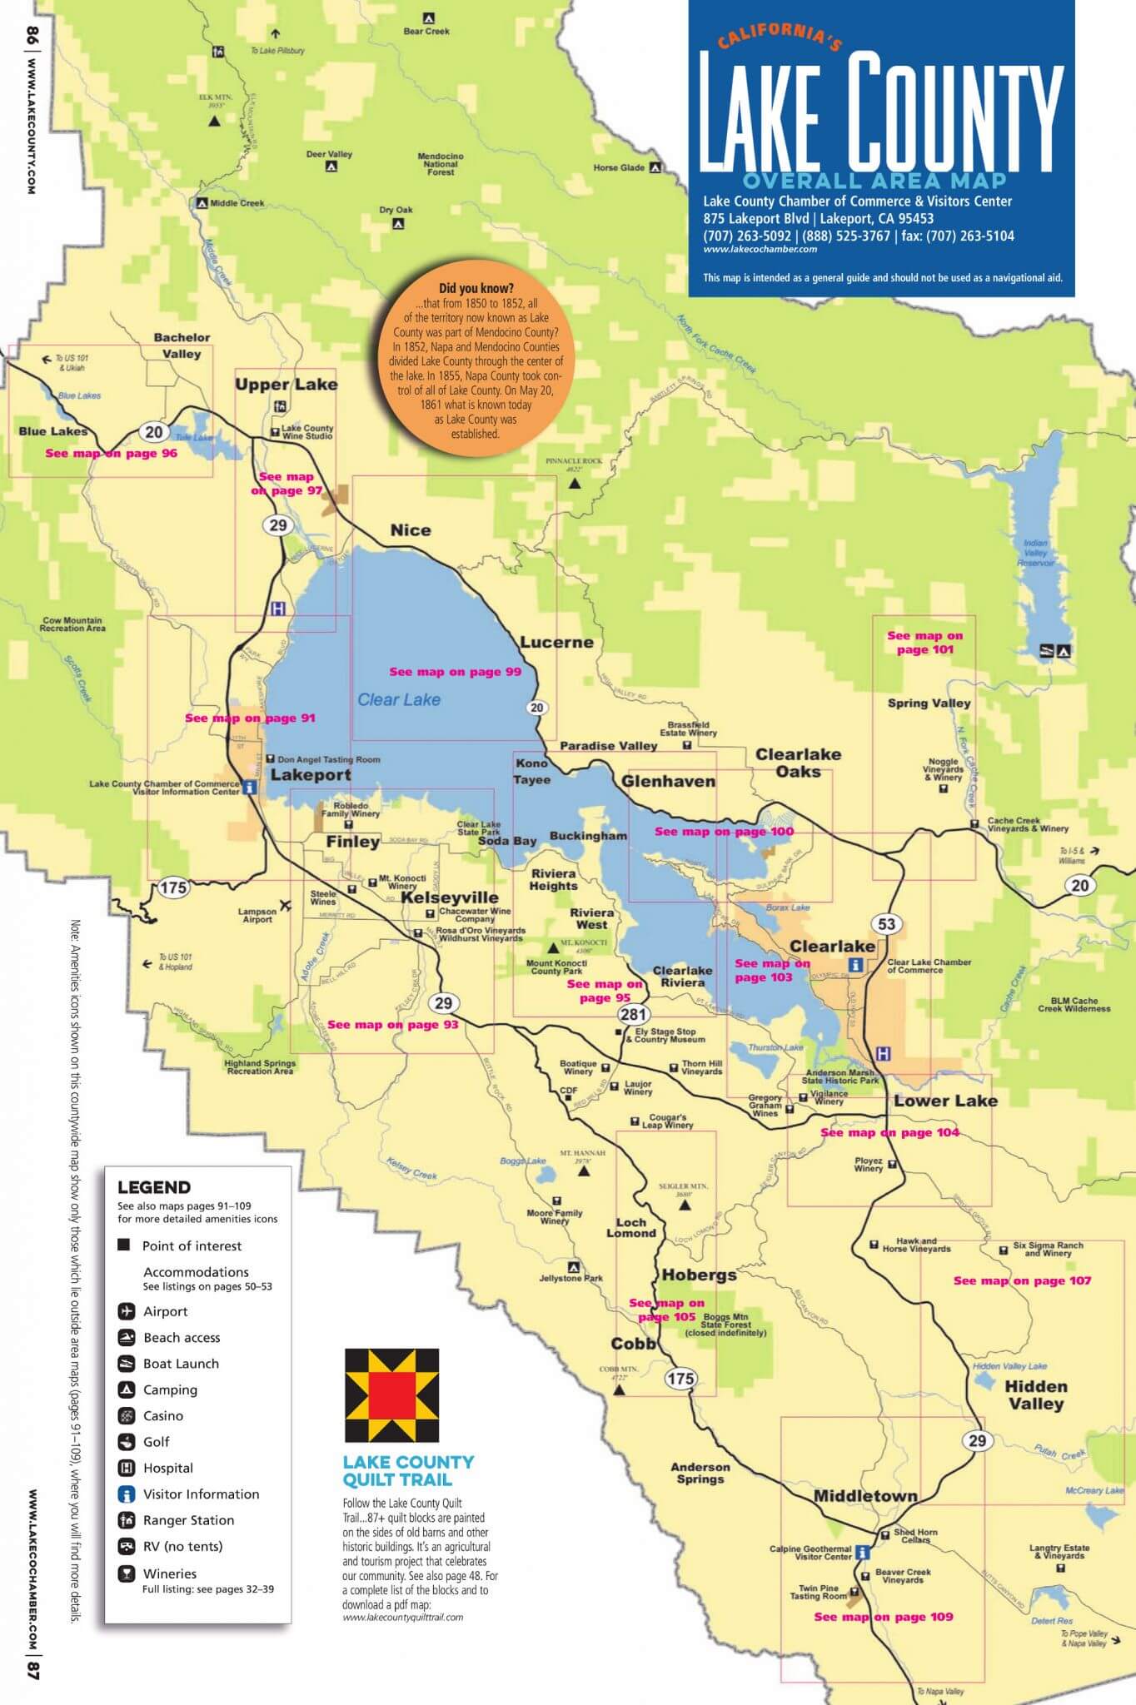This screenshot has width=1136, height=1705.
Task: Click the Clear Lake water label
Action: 398,700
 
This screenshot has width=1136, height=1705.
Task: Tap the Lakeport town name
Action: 311,775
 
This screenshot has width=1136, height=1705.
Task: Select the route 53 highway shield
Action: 886,923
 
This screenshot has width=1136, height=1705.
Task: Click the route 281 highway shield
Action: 633,1014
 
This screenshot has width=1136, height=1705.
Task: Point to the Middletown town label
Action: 864,1496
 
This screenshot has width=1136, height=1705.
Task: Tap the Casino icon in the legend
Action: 127,1415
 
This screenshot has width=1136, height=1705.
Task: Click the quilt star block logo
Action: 391,1395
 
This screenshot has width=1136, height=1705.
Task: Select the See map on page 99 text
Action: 455,672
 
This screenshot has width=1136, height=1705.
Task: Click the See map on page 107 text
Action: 1021,1280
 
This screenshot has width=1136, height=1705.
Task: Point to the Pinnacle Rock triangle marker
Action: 574,482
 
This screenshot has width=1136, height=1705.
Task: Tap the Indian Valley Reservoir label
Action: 1035,553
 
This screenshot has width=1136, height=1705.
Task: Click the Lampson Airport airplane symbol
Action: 286,905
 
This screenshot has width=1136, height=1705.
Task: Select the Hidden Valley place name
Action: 1035,1394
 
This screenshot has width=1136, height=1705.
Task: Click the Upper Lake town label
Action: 286,385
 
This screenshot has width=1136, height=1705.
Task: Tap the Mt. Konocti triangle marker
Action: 553,947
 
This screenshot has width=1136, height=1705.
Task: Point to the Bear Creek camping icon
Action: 428,17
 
